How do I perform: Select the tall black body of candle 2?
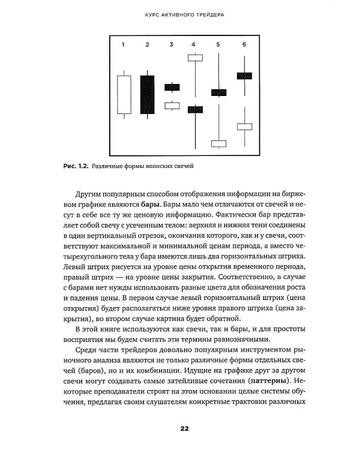(x=147, y=94)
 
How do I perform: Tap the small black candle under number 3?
(x=172, y=87)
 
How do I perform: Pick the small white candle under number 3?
(x=172, y=106)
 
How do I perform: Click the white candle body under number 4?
(x=196, y=58)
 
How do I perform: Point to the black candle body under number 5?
(x=219, y=92)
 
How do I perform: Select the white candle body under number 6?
(x=244, y=127)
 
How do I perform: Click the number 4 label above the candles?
(x=194, y=44)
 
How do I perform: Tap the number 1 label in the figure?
(x=123, y=44)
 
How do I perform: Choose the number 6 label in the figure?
(x=244, y=44)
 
